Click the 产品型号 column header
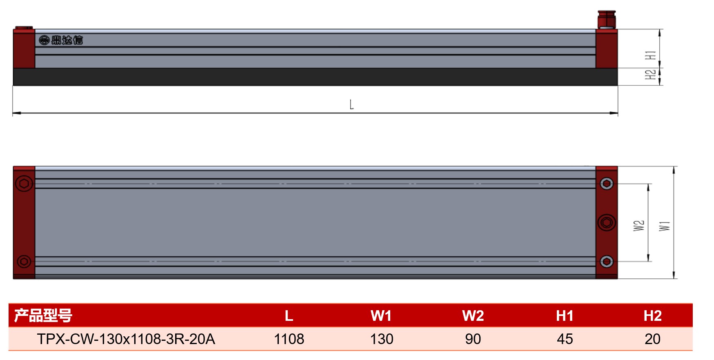[x=43, y=316]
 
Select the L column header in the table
[x=289, y=316]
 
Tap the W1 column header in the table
[x=381, y=316]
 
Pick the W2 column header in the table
[x=473, y=316]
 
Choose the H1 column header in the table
[x=565, y=316]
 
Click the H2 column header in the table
[x=652, y=316]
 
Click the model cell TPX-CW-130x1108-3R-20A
[x=126, y=339]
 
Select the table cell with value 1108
[x=289, y=339]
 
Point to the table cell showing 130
[x=382, y=339]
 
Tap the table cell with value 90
[x=473, y=339]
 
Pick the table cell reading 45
[x=565, y=339]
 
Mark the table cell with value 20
[x=653, y=339]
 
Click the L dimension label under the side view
[x=351, y=105]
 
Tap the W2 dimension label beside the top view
[x=639, y=226]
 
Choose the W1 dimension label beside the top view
[x=665, y=226]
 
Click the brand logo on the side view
[x=61, y=40]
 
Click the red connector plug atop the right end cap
[x=607, y=20]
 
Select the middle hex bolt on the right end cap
[x=607, y=222]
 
